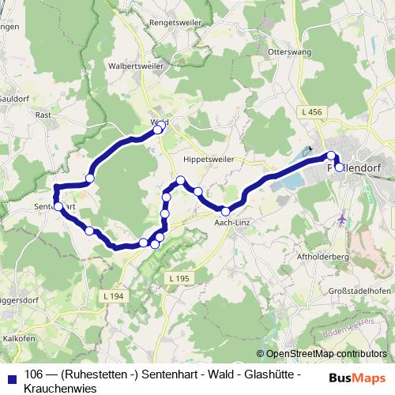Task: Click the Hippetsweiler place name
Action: pos(209,159)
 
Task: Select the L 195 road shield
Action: pos(179,279)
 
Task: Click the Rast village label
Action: pos(43,114)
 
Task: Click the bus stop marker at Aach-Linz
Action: pos(225,211)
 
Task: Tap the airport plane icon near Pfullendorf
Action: pos(341,219)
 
